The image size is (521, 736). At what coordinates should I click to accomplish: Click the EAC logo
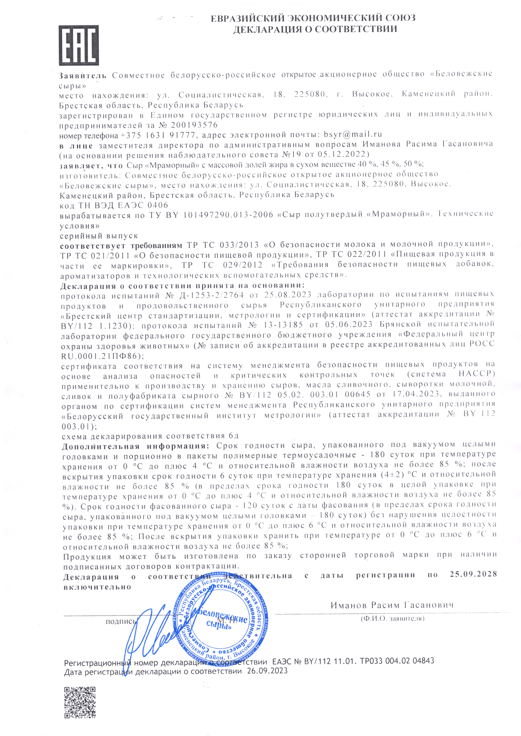tap(78, 46)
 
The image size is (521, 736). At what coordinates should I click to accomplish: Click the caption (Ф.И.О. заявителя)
tap(392, 618)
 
